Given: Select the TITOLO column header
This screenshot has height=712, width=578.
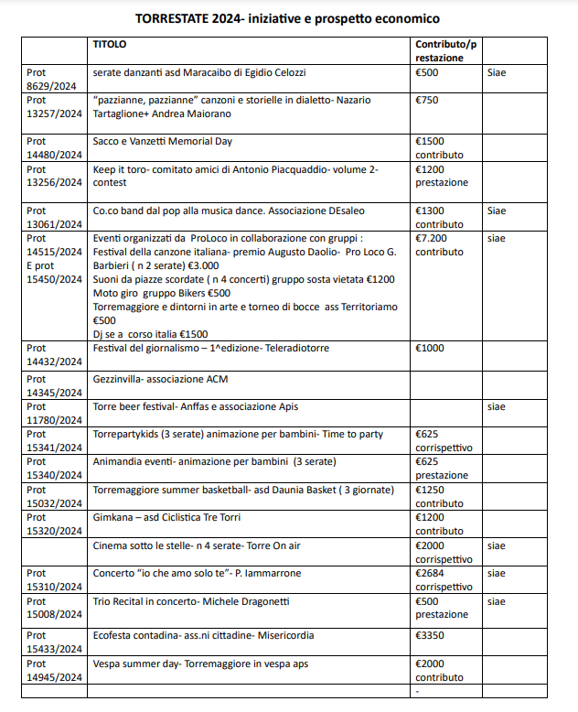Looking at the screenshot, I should point(110,44).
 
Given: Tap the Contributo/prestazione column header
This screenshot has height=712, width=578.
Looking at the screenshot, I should point(445,50).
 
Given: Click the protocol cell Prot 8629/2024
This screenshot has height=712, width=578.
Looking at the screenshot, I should point(55,78).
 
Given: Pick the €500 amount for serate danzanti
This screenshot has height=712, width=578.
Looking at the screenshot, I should point(427,71).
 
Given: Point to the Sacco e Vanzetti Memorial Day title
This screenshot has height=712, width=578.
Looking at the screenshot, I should point(163,141).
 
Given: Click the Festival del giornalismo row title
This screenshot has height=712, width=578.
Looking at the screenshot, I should point(211,348).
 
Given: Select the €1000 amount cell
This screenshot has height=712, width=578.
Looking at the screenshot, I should point(430,348).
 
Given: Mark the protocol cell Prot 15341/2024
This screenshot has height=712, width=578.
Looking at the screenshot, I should point(55,440).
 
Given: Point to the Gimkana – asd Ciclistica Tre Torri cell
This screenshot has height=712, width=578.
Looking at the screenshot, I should point(166,518).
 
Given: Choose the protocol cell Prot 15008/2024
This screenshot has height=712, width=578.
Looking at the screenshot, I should point(55,607).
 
